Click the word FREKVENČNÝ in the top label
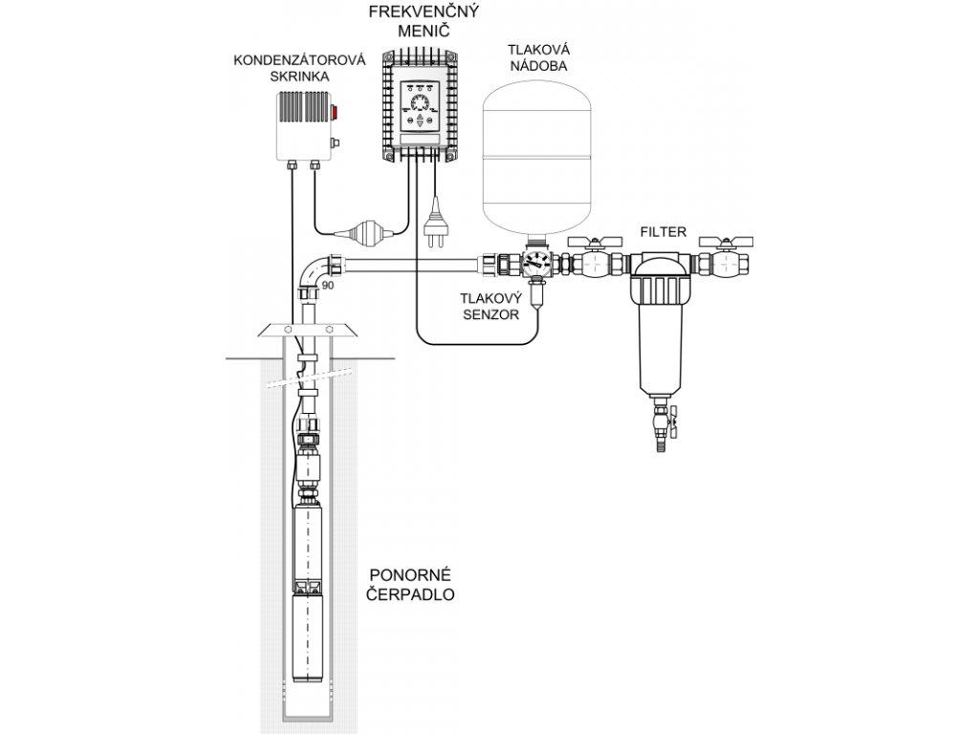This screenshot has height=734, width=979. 424,11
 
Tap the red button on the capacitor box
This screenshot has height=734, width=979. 334,113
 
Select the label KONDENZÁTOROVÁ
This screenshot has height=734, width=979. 299,60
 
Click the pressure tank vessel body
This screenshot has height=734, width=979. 537,156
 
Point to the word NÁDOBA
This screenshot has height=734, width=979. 538,66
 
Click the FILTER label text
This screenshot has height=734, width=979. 664,232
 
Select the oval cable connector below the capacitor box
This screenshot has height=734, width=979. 363,233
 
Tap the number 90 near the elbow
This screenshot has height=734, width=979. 327,285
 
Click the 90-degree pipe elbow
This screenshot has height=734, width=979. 317,272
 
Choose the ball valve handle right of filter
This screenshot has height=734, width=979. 727,242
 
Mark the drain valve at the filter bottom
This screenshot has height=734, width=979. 664,424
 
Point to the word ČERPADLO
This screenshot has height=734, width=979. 410,594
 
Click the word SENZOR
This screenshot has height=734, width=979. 490,314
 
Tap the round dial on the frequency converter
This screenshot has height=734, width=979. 420,103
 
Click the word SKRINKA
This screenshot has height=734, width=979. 299,76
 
